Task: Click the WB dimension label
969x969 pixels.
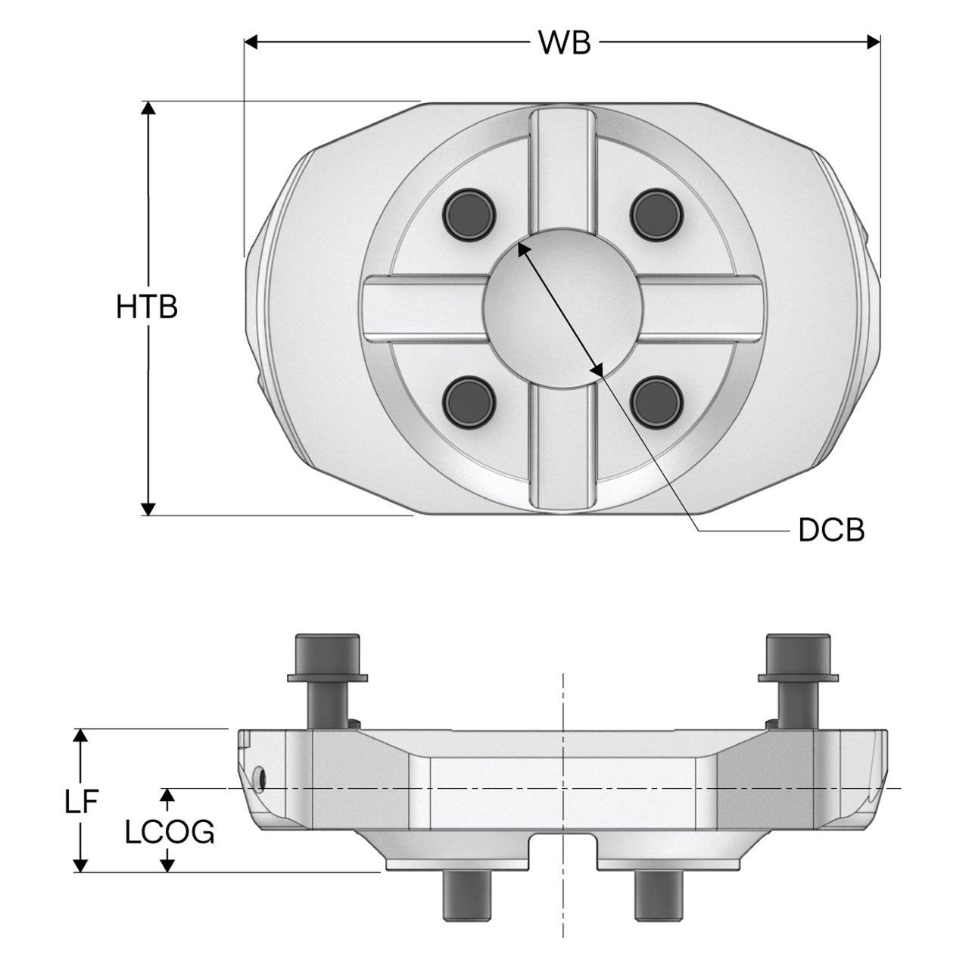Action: [564, 42]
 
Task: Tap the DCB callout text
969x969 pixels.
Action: [831, 530]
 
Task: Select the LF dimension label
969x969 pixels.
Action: [80, 801]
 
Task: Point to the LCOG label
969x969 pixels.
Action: [170, 832]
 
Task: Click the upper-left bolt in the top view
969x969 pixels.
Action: [469, 215]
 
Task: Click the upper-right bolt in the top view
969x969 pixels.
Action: [657, 215]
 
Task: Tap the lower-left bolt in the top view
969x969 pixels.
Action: [469, 403]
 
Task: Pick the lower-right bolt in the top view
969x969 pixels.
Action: [657, 403]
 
